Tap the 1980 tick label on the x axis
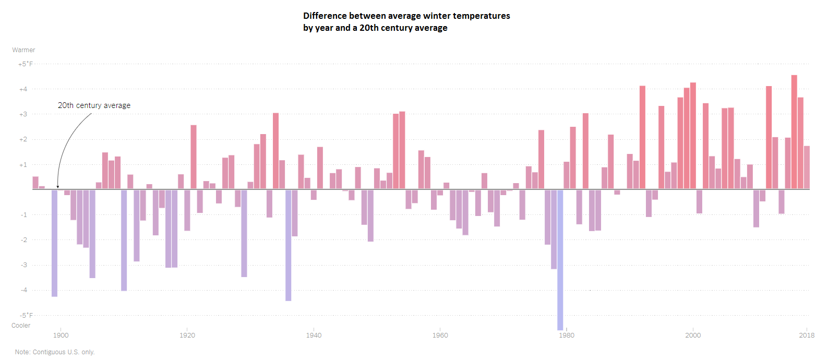coord(567,335)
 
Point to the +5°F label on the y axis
coord(26,64)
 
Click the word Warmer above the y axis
coord(23,50)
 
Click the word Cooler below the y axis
coord(21,326)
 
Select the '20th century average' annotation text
coord(94,105)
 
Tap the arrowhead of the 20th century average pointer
coord(58,186)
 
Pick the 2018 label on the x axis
coord(807,335)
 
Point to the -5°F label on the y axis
coord(26,315)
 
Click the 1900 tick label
coord(61,335)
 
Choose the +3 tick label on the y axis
coord(23,114)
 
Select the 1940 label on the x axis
coord(314,335)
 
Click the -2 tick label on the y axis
coord(23,240)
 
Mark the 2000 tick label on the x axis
coord(693,335)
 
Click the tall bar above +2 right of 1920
coord(194,157)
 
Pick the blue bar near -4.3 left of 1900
coord(54,243)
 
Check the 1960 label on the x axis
coord(440,335)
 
